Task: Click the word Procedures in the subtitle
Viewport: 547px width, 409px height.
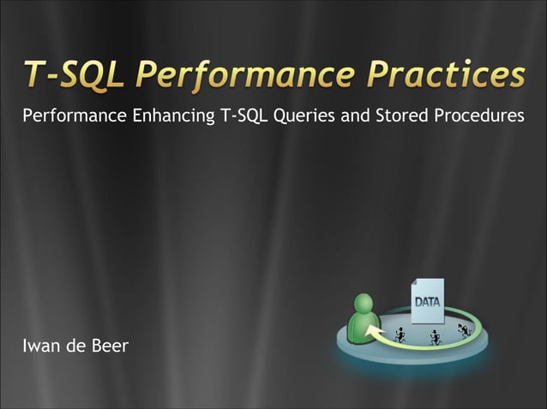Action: point(478,116)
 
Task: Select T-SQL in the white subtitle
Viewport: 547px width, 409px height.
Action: point(242,116)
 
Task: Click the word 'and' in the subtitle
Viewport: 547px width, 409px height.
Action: point(354,116)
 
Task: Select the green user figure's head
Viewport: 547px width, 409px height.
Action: point(364,305)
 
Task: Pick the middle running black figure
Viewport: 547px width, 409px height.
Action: point(435,337)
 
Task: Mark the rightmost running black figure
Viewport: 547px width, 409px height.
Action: point(465,329)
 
